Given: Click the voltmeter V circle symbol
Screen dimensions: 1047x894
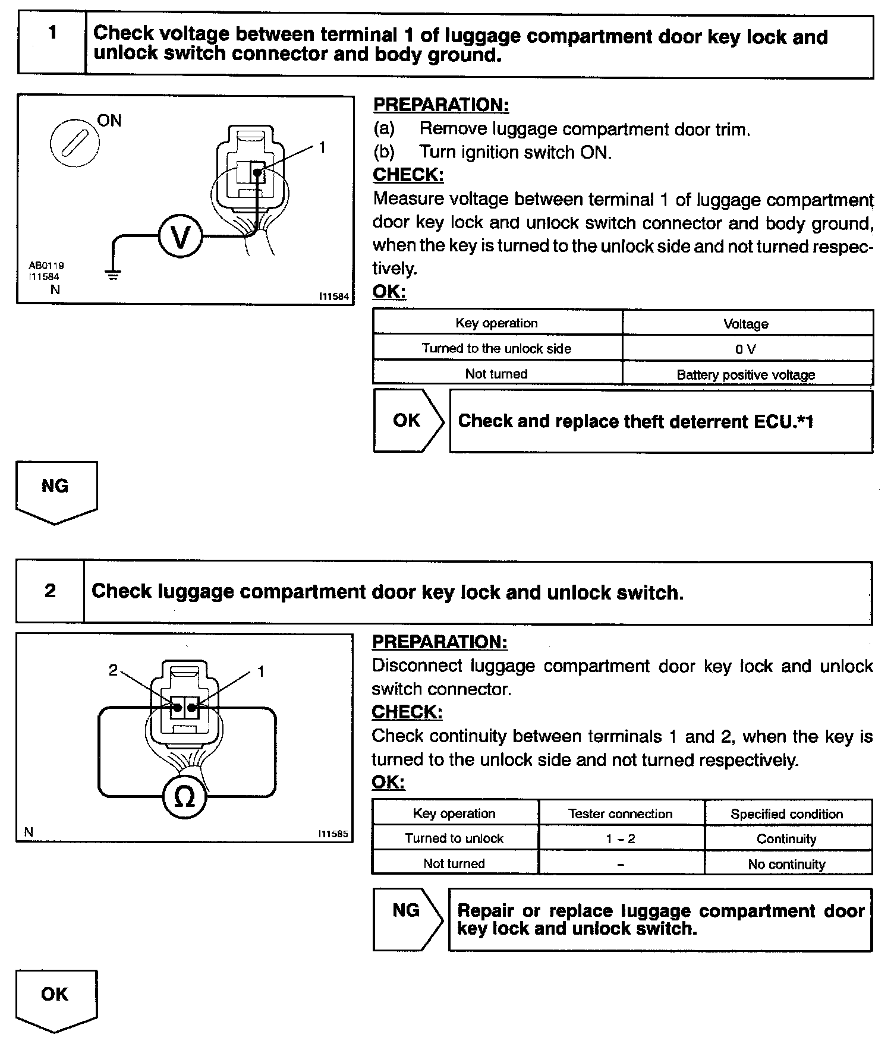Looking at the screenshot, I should point(180,236).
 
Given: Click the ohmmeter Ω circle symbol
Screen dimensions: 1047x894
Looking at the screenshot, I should point(185,797).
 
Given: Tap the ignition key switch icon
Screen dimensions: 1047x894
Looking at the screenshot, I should point(73,144).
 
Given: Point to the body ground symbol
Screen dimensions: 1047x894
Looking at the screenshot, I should point(113,275).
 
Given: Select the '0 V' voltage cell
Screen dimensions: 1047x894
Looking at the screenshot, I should point(747,349).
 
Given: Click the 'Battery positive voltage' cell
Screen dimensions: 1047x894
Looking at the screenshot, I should point(747,374).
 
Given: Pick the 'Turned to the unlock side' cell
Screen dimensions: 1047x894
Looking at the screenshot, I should point(496,348).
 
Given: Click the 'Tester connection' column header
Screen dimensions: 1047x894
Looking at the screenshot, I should point(621,813).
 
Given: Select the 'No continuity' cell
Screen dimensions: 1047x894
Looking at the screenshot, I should point(787,864).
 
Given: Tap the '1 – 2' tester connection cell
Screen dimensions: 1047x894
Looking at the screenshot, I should point(621,838).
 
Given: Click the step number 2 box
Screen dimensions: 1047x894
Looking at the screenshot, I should point(51,591).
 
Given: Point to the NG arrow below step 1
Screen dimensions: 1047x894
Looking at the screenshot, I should point(55,490).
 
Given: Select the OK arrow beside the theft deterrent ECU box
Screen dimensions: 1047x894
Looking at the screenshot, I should point(408,421).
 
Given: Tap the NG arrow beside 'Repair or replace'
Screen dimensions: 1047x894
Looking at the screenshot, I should point(407,918).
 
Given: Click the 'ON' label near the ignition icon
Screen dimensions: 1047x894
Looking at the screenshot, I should point(109,121).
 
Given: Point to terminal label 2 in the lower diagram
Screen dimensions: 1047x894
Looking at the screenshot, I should point(114,671).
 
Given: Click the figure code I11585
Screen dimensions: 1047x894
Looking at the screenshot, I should point(333,834).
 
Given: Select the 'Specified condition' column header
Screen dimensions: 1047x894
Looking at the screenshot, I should point(787,813).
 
